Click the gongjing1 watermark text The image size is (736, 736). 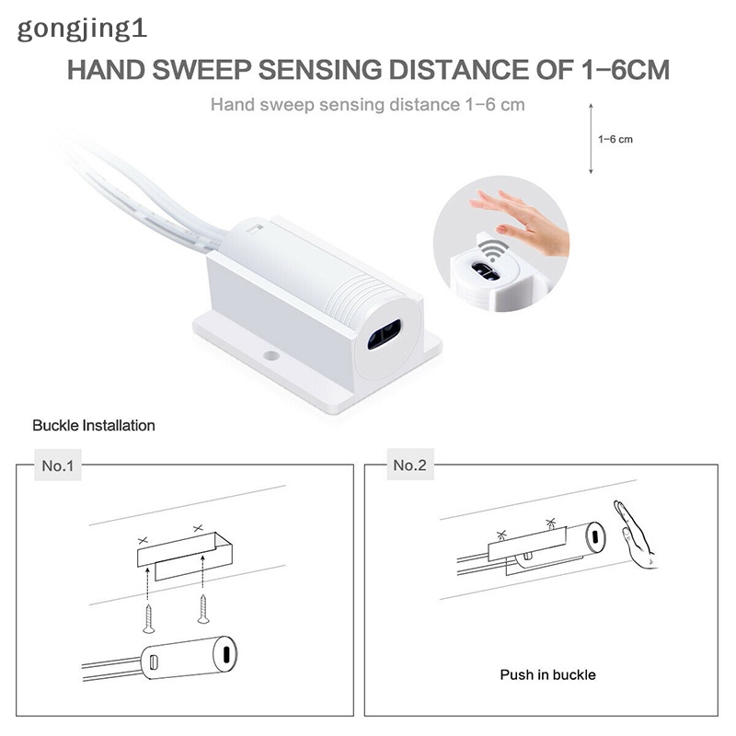pos(82,28)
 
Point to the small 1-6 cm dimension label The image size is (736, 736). pos(615,140)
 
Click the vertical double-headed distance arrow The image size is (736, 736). pos(590,139)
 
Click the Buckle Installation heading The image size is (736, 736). pos(94,426)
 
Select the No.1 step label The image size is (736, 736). pos(57,466)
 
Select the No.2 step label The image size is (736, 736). pos(409,466)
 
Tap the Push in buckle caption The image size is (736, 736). pos(547,675)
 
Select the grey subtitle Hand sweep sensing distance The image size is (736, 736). pos(368,104)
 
